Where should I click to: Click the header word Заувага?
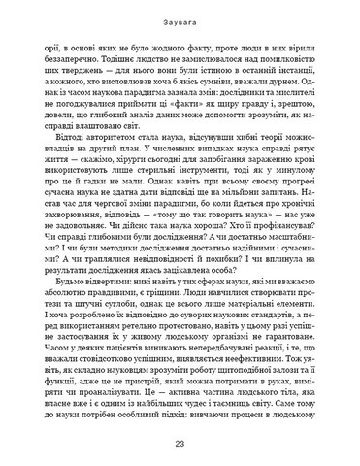pyautogui.click(x=180, y=13)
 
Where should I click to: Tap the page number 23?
pyautogui.click(x=180, y=444)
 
